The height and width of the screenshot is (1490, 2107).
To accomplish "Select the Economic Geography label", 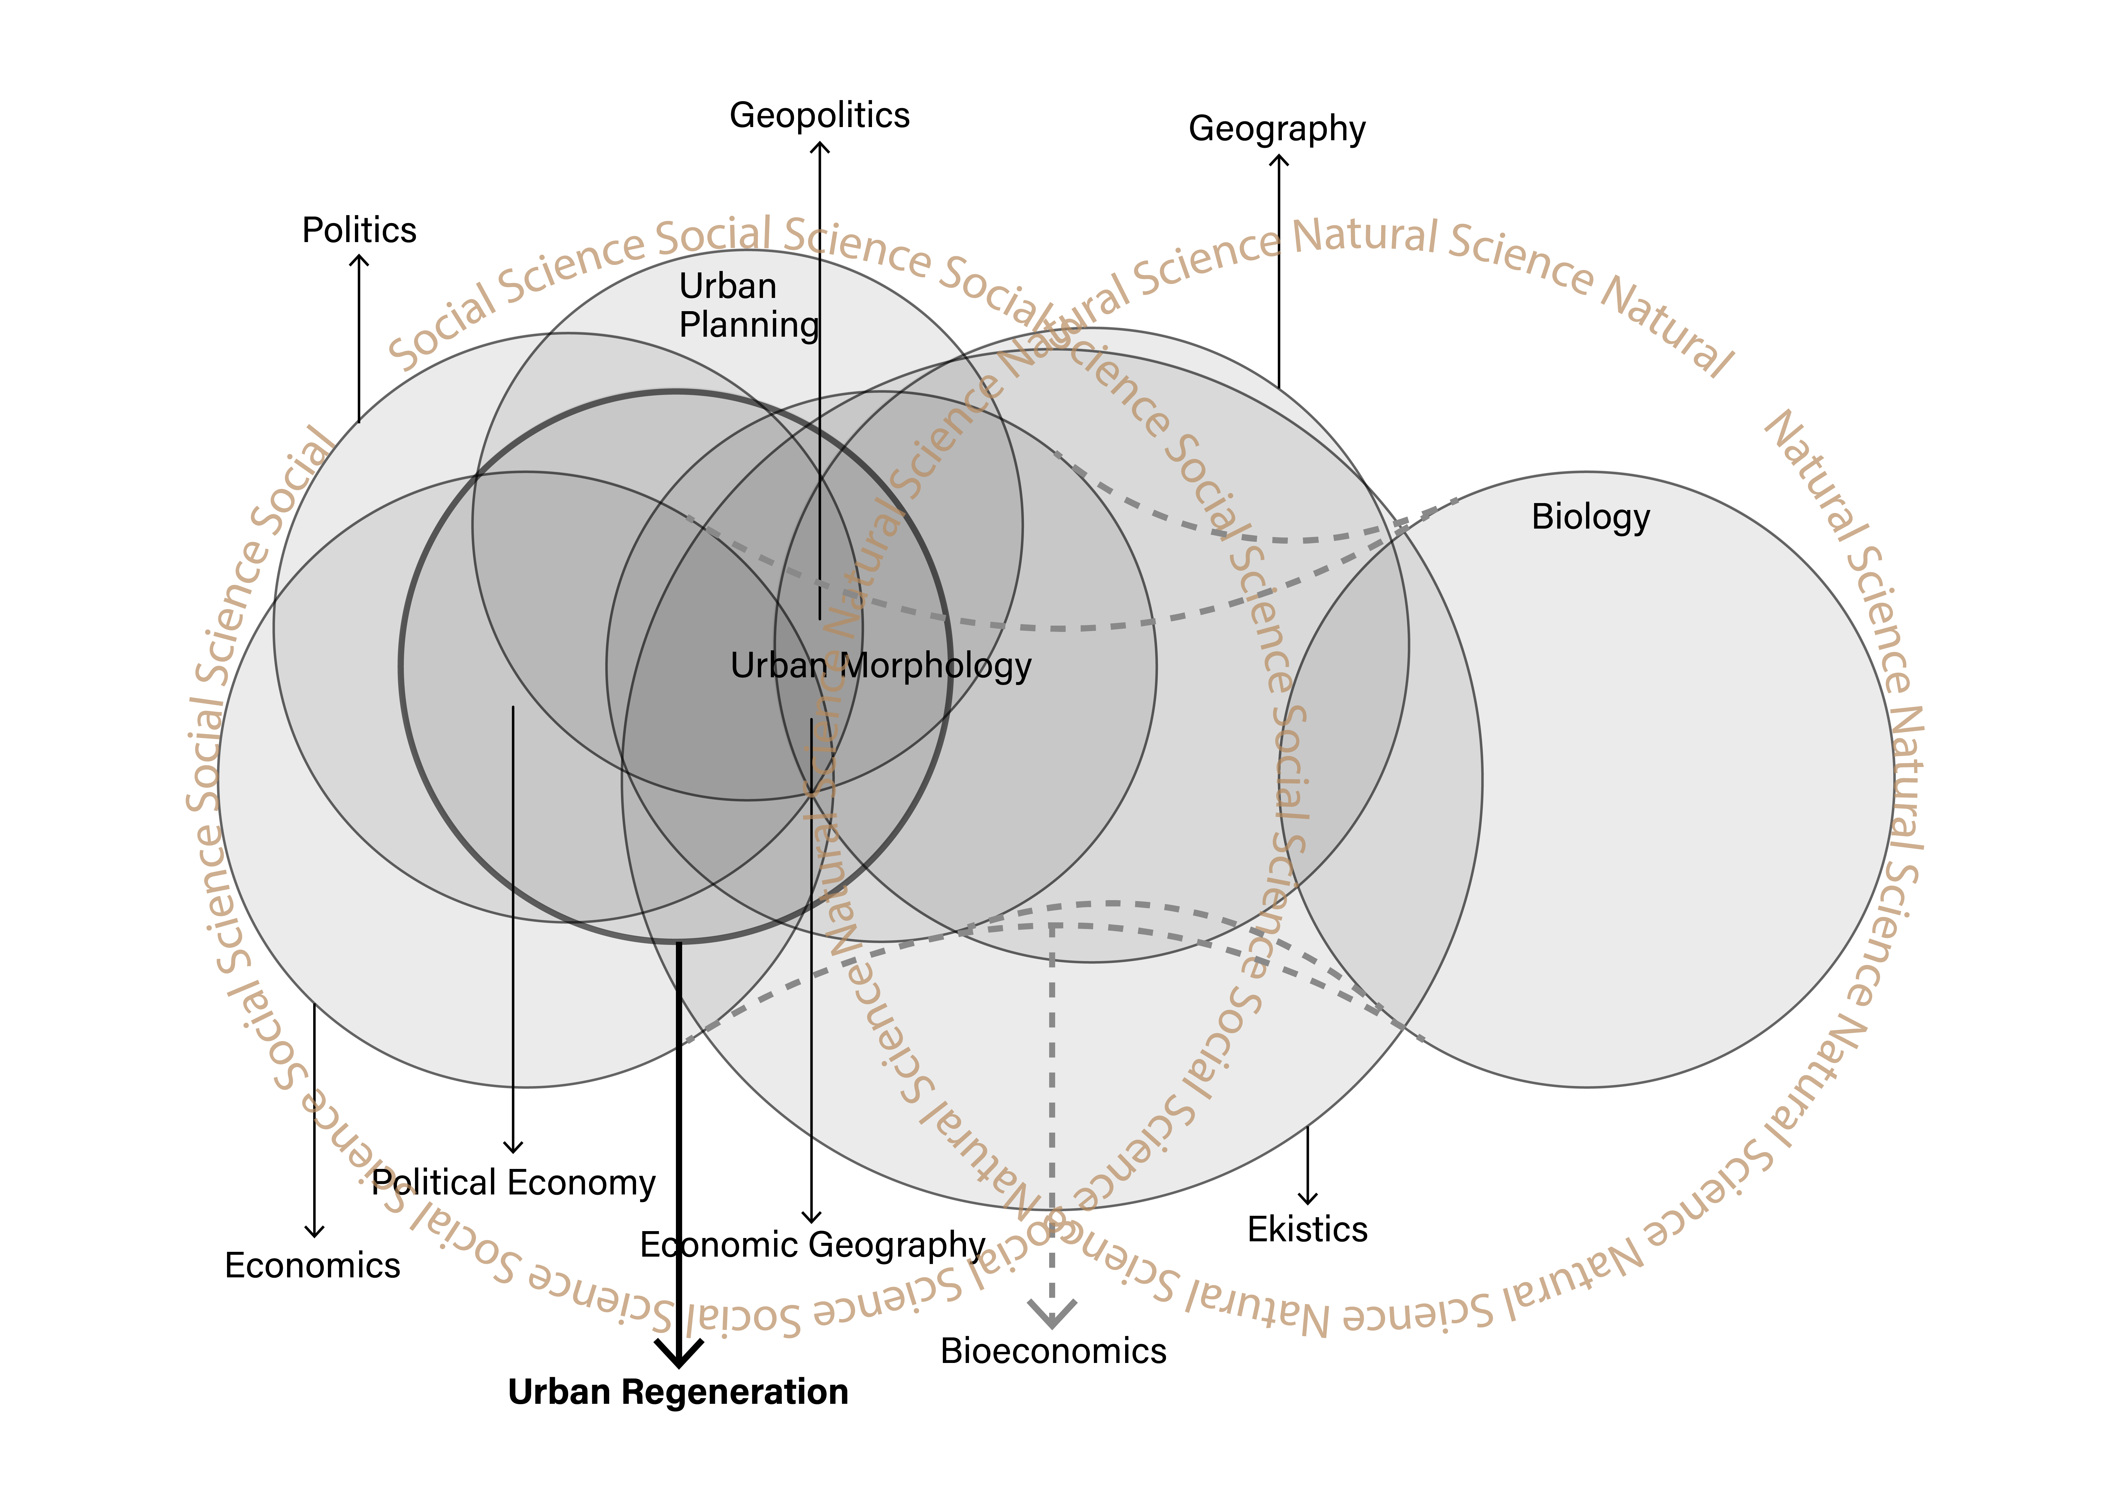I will (812, 1245).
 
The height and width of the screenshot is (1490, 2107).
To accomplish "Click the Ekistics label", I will (1307, 1229).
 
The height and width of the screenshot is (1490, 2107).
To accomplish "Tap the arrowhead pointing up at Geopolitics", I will (819, 147).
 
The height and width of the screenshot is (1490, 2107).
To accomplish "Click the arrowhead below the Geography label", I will (1278, 161).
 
